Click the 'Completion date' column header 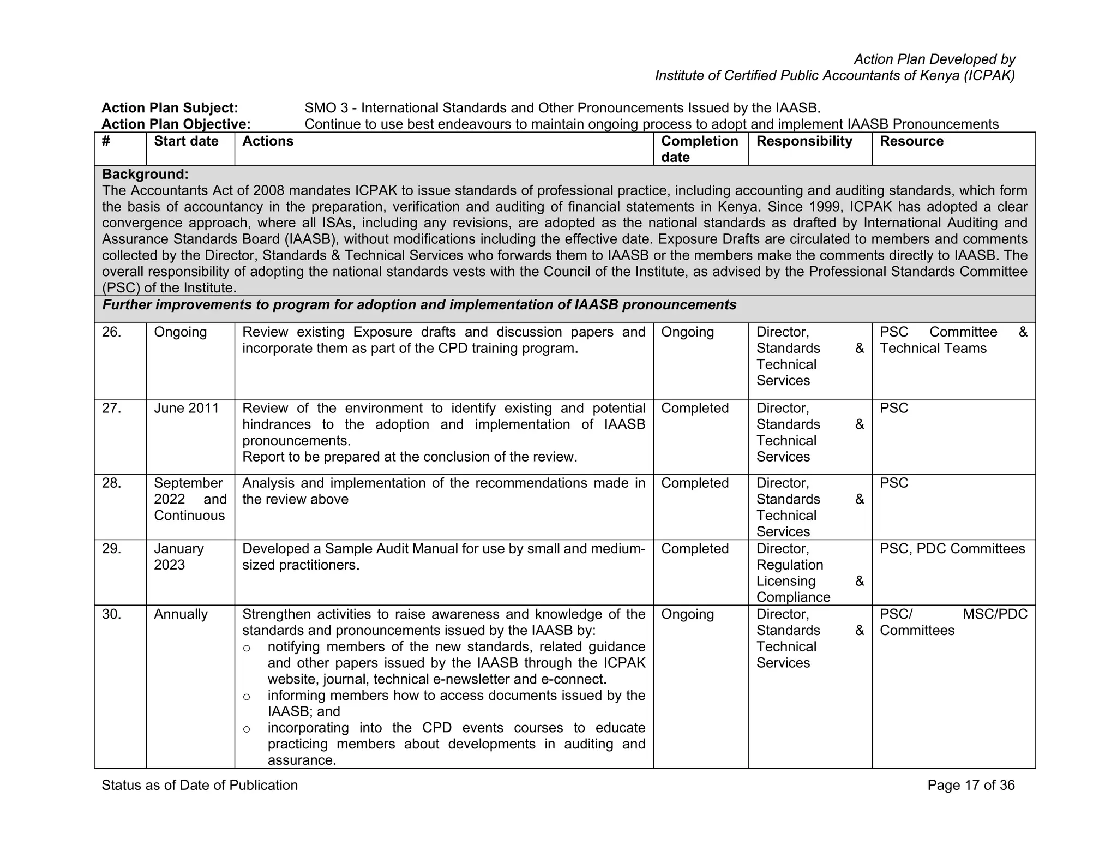(699, 149)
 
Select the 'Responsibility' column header (804, 141)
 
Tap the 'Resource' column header (911, 141)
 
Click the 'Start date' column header (186, 141)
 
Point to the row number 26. (111, 332)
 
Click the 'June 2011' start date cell (186, 408)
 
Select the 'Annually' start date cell (181, 614)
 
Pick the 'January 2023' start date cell (178, 556)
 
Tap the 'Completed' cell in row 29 (694, 549)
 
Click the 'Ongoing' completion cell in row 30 (687, 614)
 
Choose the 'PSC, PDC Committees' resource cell (952, 549)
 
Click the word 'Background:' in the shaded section (145, 175)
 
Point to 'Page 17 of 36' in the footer (971, 785)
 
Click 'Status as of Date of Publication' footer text (200, 785)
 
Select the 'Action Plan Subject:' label (170, 108)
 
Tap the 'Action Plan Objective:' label (176, 124)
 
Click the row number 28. (111, 483)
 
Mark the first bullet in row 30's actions (247, 648)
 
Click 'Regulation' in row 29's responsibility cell (789, 565)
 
